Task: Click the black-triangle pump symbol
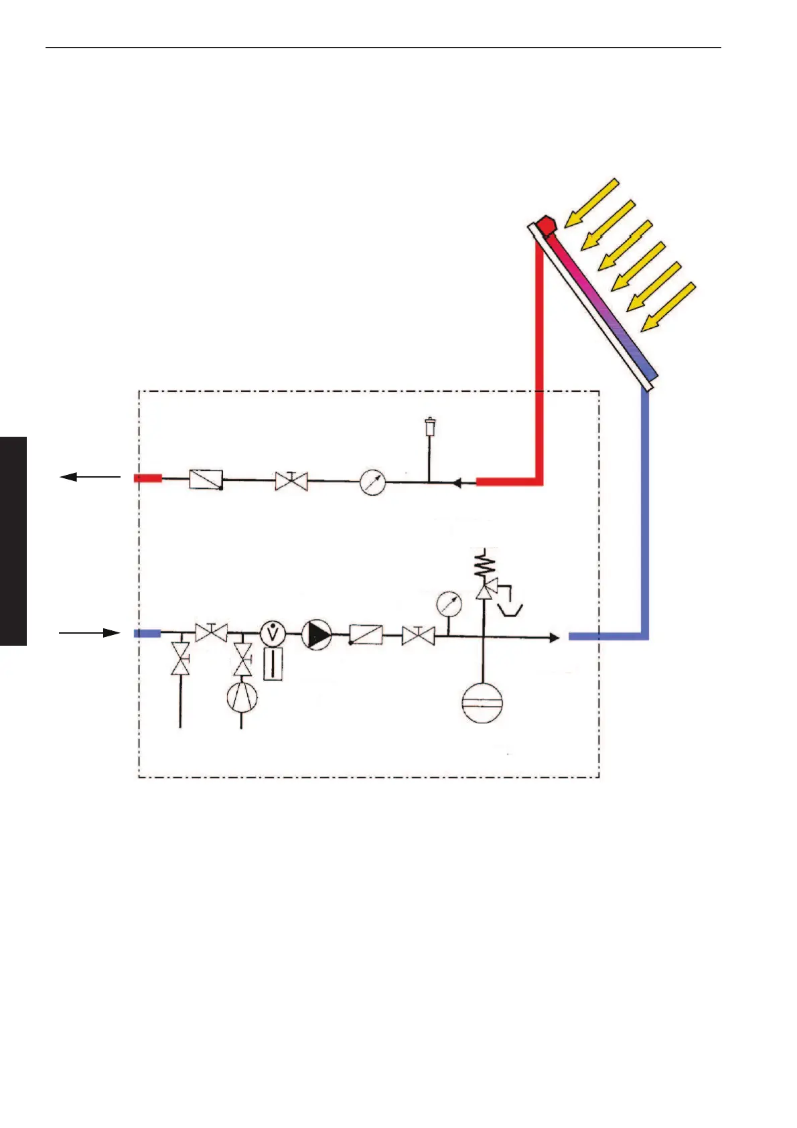pyautogui.click(x=317, y=634)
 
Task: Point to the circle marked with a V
pyautogui.click(x=273, y=633)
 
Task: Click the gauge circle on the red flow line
pyautogui.click(x=373, y=482)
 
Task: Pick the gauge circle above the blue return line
pyautogui.click(x=448, y=604)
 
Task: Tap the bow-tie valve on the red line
pyautogui.click(x=291, y=480)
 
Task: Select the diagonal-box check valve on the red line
pyautogui.click(x=206, y=479)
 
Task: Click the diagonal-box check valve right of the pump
pyautogui.click(x=366, y=634)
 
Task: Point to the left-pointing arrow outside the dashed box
pyautogui.click(x=90, y=477)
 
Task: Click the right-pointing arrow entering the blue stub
pyautogui.click(x=90, y=632)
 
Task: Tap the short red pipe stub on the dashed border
pyautogui.click(x=148, y=478)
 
